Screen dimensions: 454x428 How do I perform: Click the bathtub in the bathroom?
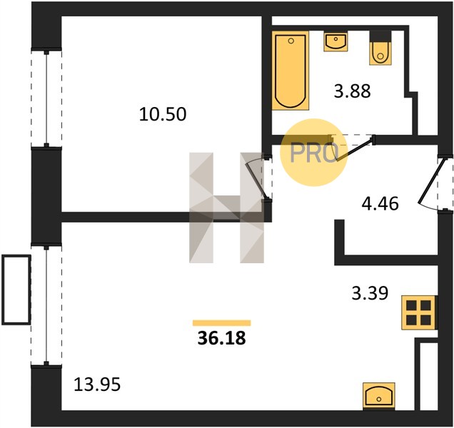coord(291,71)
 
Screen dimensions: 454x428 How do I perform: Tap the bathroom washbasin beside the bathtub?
coord(336,42)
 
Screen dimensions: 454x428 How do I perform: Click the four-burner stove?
coord(419,312)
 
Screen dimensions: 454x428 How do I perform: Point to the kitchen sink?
coord(379,396)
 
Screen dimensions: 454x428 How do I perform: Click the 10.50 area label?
coord(163,114)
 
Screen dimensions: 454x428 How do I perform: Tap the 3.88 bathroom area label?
coord(352,91)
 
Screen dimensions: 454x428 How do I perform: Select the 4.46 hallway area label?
coord(380,203)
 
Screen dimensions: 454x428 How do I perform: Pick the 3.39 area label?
coord(370,292)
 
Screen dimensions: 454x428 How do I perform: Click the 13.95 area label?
coord(97,384)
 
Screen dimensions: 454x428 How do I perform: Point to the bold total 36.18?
coord(221,338)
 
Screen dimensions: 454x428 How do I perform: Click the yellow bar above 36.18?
coord(222,323)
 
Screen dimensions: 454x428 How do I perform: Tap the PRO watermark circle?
coord(314,153)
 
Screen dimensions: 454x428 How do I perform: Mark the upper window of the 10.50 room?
coord(46,98)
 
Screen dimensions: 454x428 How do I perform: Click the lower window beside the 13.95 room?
coord(46,305)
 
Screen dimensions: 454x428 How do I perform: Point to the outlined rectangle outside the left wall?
coord(16,290)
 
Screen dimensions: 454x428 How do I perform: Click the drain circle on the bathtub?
coord(291,41)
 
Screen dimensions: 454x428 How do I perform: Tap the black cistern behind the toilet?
coord(380,36)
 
